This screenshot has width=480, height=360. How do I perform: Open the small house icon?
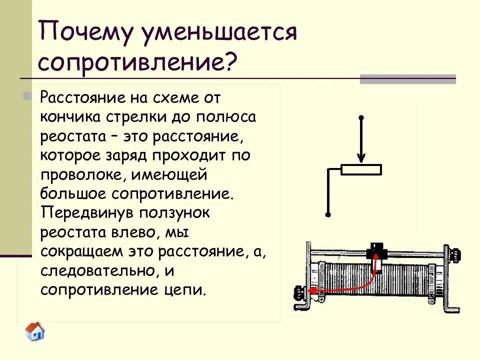point(35,331)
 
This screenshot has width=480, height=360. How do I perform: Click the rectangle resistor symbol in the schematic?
point(361,169)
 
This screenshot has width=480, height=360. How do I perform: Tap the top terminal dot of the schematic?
point(361,117)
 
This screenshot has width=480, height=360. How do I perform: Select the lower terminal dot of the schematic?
point(328,214)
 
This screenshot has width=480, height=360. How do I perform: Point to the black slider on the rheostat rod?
point(375,250)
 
